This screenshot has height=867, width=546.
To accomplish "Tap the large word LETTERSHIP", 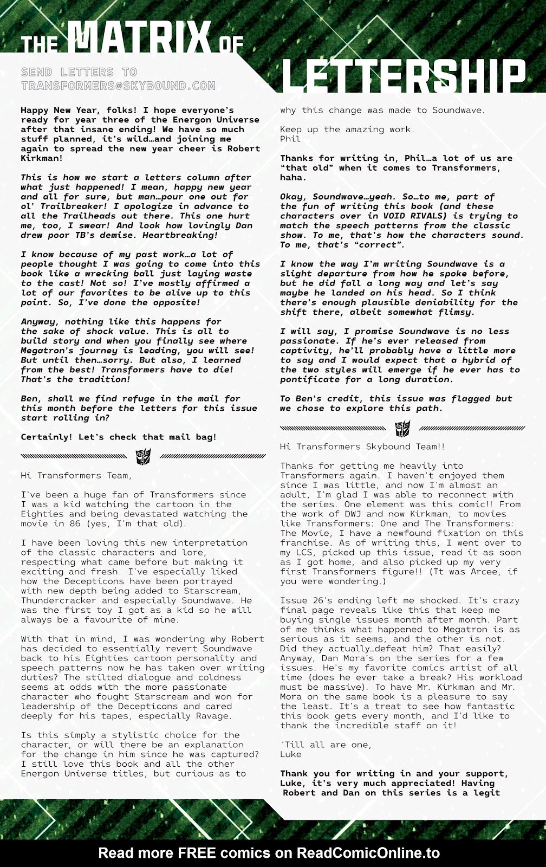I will click(404, 76).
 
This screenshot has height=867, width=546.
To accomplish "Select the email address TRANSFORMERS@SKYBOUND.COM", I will click(118, 86).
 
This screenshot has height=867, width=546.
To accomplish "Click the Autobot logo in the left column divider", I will click(143, 456).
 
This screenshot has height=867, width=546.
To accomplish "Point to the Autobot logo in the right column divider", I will click(402, 428).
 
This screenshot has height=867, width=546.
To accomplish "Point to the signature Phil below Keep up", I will click(290, 139).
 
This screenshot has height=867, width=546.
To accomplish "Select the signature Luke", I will click(291, 754).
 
